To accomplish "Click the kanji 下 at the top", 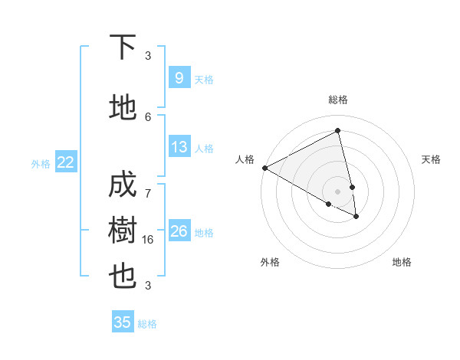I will (123, 47).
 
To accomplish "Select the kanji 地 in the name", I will (123, 109).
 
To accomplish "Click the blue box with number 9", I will (179, 78).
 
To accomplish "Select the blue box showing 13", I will (179, 147).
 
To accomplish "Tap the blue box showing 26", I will (179, 231).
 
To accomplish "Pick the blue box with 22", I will (66, 162).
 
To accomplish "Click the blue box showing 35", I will (123, 322).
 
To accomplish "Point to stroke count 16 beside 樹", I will (148, 240).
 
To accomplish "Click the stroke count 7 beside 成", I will (148, 185).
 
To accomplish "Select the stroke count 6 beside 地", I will (148, 116).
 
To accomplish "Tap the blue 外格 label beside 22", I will (41, 163).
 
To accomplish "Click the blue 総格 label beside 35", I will (147, 324).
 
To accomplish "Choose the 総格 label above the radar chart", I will (338, 100).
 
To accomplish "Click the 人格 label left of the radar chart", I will (245, 159).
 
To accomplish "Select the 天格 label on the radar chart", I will (432, 159).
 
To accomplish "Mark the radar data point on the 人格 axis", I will (264, 168).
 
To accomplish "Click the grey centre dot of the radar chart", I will (338, 191).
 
